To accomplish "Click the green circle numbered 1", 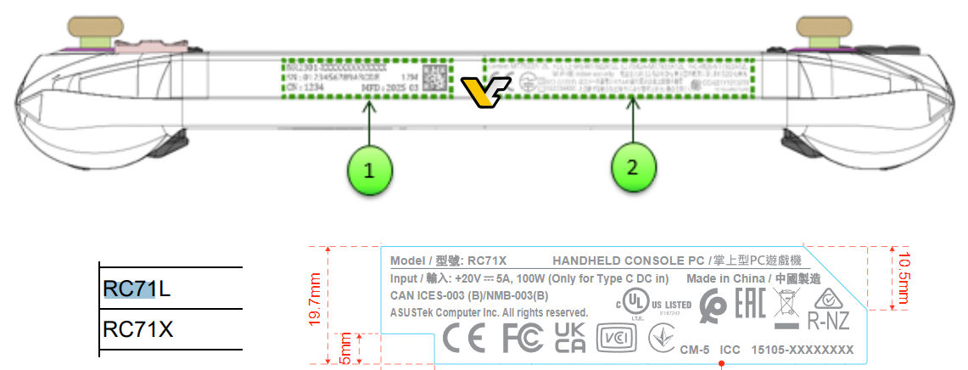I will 368,169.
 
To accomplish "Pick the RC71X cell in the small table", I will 138,328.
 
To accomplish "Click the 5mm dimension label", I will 344,348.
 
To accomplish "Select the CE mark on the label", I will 464,339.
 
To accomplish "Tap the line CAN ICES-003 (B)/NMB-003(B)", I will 469,295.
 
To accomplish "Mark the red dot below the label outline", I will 721,365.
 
